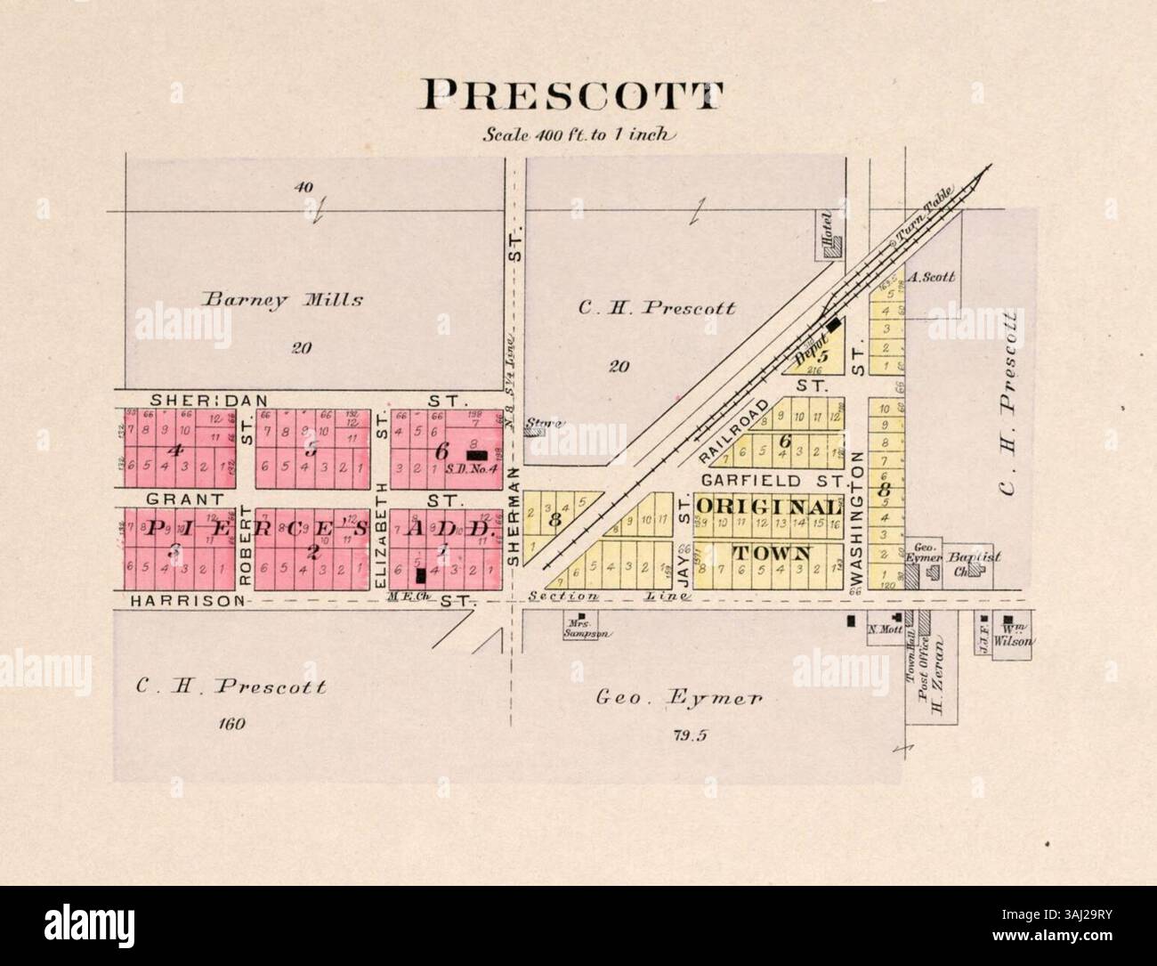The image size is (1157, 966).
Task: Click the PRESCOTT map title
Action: click(573, 95)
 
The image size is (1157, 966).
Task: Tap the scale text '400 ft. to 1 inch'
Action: click(580, 135)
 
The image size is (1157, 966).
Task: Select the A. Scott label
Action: click(933, 277)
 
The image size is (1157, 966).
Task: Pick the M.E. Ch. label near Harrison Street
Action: click(403, 597)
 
